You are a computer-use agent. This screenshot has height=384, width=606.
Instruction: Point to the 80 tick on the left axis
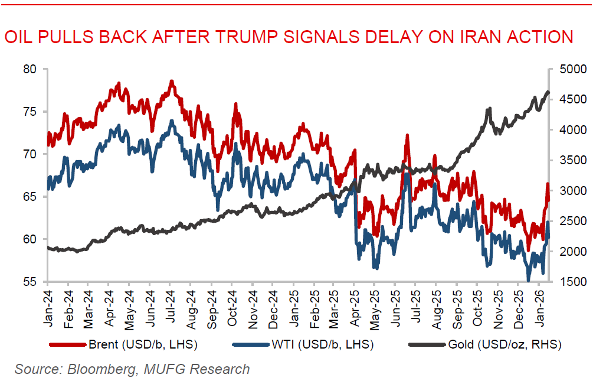click(x=30, y=69)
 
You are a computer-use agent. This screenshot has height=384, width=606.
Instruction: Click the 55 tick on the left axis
click(x=30, y=282)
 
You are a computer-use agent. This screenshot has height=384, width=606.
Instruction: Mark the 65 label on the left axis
click(x=30, y=197)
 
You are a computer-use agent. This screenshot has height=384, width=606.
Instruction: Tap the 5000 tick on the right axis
click(x=569, y=69)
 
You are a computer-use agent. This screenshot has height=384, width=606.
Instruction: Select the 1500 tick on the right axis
click(x=569, y=282)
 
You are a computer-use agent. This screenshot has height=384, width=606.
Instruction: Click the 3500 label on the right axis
click(x=569, y=160)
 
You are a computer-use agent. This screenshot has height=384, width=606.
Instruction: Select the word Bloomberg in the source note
click(x=102, y=370)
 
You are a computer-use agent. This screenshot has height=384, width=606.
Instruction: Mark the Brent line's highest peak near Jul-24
click(x=171, y=82)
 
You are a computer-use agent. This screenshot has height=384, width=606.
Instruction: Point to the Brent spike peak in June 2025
click(x=407, y=136)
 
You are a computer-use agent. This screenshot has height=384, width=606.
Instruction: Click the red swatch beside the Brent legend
click(x=67, y=344)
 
